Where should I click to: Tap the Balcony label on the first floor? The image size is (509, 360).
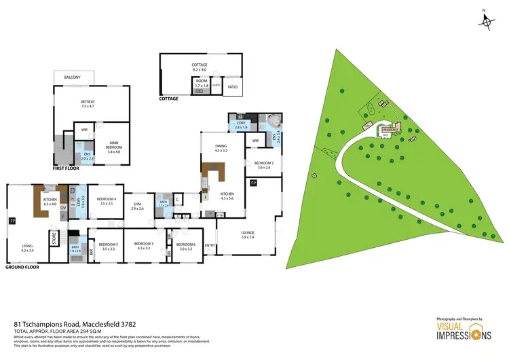click(73, 77)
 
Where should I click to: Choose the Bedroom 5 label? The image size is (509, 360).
click(109, 246)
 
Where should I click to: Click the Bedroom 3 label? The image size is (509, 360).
click(143, 246)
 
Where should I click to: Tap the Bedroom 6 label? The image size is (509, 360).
click(185, 246)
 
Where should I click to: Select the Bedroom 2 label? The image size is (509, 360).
click(263, 164)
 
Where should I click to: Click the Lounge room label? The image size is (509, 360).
click(248, 234)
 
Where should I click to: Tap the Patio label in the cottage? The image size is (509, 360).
click(232, 87)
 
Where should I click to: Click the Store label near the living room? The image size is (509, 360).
click(54, 238)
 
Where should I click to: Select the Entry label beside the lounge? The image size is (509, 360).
click(210, 245)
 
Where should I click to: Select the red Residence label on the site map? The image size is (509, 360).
click(390, 128)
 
